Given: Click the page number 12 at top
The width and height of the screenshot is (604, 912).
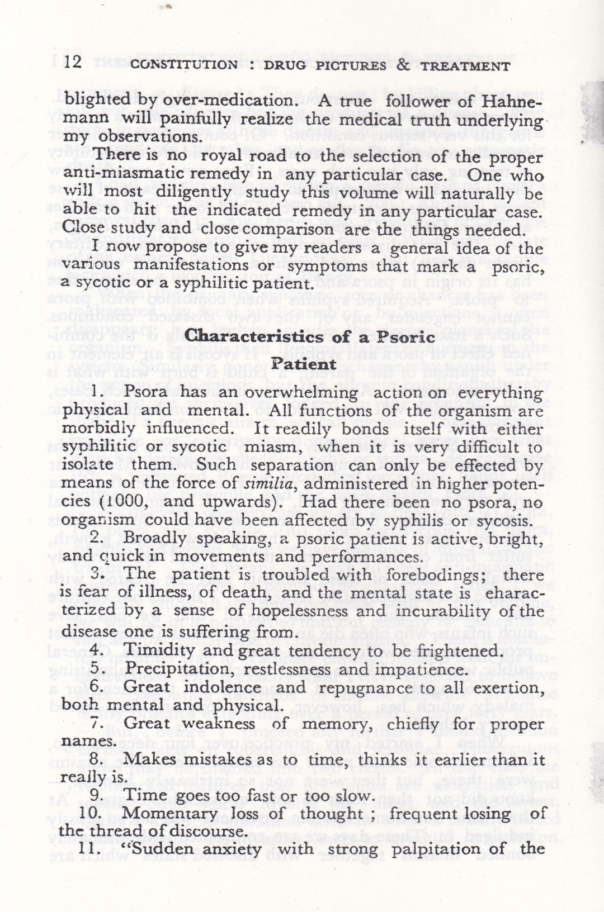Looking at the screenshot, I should pyautogui.click(x=74, y=61).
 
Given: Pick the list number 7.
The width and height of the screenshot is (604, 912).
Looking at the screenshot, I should pyautogui.click(x=95, y=723).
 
